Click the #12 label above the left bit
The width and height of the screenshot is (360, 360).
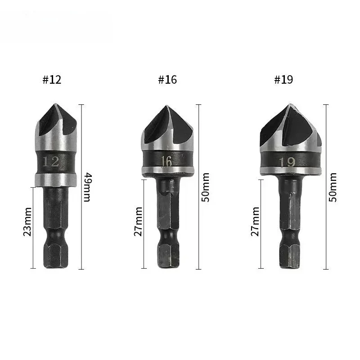tap(52, 80)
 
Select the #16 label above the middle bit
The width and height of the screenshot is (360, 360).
tap(167, 80)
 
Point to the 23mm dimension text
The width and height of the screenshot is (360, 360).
tap(27, 222)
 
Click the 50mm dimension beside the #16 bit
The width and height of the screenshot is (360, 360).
tap(206, 187)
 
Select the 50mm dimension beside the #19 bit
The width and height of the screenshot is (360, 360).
tap(333, 187)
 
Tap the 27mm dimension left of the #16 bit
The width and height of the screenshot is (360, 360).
tap(138, 221)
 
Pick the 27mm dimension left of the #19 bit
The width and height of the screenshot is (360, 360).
tap(255, 221)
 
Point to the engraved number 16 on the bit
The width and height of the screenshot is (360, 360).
tap(166, 161)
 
